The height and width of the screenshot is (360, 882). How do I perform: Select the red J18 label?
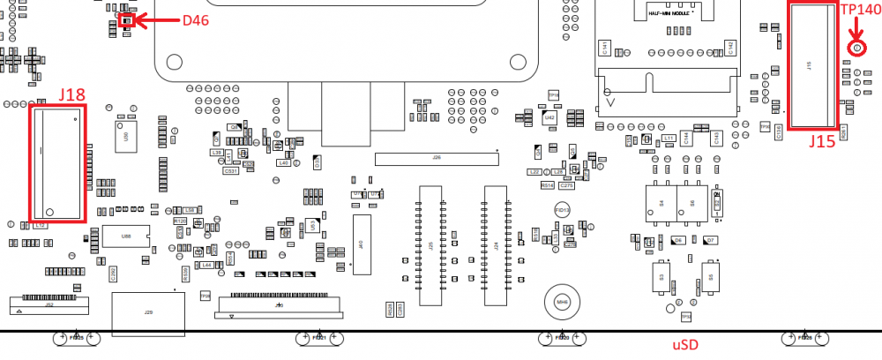point(71,94)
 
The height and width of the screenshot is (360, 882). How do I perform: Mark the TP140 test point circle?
point(854,49)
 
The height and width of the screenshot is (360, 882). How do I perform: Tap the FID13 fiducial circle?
point(561,210)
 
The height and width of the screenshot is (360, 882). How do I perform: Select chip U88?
point(126,235)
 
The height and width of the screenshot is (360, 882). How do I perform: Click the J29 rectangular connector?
point(148,311)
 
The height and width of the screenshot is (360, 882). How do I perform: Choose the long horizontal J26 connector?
point(436,159)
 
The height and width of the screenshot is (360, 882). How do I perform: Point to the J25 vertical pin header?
point(430,245)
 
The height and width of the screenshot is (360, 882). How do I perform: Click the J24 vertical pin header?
point(495,245)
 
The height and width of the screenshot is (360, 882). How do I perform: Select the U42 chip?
point(549,116)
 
